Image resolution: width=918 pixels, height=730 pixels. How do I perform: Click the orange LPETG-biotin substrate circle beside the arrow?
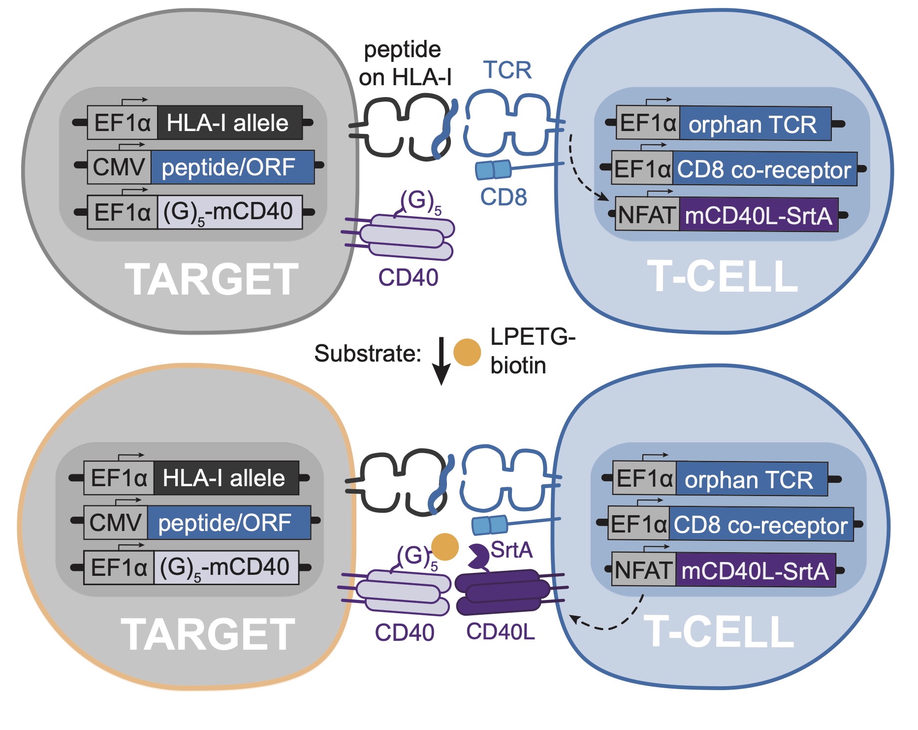467,352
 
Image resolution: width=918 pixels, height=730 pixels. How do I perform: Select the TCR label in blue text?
507,70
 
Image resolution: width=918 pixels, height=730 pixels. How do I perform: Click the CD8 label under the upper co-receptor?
503,198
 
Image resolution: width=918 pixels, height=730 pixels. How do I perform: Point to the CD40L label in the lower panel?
500,631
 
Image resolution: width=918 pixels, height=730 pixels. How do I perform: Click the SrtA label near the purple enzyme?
511,550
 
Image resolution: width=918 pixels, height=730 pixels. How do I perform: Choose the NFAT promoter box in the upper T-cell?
647,215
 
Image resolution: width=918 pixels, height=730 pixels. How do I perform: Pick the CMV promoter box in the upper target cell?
119,167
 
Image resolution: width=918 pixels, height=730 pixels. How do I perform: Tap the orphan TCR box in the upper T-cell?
755,124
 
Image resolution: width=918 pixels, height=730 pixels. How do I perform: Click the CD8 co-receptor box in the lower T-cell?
760,525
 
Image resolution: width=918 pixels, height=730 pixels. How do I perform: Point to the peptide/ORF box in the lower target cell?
228,523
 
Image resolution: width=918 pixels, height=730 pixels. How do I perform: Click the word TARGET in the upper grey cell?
211,279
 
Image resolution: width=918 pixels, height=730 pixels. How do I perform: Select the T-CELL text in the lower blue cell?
719,631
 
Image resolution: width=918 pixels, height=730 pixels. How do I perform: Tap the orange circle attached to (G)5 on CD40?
445,547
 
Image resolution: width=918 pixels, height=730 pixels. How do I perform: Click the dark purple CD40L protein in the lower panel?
502,592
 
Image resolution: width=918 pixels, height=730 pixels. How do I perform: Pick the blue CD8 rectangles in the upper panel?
493,169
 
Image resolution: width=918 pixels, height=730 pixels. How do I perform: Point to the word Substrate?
367,354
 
